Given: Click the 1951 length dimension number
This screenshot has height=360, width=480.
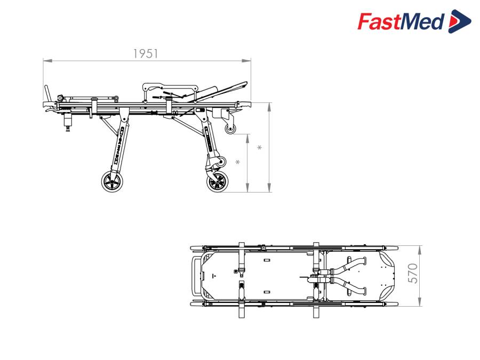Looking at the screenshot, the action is [x=146, y=53].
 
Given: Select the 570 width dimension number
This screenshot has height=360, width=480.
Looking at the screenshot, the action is [x=413, y=273].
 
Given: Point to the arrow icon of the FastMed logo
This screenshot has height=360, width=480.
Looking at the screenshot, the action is [x=460, y=21].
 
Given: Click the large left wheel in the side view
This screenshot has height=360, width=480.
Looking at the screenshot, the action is [x=113, y=182].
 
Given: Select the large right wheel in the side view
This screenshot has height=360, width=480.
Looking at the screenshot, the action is [x=218, y=182].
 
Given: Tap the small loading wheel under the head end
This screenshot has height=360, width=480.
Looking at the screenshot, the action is [x=230, y=129].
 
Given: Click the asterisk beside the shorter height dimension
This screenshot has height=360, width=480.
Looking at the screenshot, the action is [x=237, y=162].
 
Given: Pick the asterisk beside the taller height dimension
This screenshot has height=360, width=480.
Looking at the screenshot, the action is [x=260, y=148].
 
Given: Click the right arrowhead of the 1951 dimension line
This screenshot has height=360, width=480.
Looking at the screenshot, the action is [x=246, y=61].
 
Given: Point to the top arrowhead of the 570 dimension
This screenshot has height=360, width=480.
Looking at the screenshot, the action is [x=420, y=250].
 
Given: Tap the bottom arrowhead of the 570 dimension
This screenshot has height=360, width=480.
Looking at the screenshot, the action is [x=420, y=302].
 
